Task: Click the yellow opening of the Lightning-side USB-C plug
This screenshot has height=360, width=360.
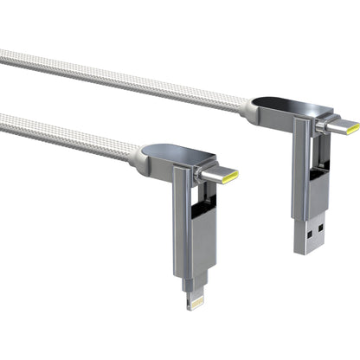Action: tap(231, 177)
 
